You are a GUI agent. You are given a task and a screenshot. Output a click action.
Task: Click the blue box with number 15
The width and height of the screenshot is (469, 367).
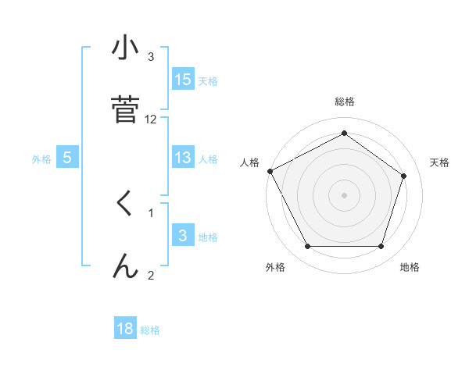(183, 80)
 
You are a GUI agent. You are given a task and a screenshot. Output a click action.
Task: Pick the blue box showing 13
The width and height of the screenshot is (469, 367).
(183, 158)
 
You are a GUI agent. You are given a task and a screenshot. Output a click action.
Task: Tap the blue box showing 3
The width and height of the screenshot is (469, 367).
(183, 236)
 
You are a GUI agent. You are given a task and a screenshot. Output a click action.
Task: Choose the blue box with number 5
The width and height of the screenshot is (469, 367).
(67, 158)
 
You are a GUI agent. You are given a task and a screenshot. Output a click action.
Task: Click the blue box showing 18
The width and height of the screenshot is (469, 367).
(125, 329)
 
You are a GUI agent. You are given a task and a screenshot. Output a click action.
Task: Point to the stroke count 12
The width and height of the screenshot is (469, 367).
(151, 119)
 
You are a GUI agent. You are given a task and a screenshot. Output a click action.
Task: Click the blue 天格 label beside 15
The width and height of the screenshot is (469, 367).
(208, 80)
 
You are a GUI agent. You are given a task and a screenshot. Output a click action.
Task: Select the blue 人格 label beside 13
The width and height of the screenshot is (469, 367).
(208, 159)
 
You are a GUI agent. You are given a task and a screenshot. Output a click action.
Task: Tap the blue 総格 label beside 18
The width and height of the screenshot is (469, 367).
(150, 330)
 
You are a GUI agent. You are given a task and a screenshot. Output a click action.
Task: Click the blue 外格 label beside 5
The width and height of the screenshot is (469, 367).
(41, 159)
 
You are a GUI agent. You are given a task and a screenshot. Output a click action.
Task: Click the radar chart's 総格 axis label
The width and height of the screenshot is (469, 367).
(344, 102)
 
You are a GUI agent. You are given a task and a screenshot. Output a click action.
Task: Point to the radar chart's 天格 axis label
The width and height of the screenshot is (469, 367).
(440, 162)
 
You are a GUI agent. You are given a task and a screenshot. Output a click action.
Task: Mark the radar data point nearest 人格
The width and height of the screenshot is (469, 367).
(270, 171)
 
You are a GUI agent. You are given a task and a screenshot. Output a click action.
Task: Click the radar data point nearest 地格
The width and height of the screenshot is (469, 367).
(381, 247)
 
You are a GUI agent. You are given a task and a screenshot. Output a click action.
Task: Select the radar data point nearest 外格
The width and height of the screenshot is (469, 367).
(307, 247)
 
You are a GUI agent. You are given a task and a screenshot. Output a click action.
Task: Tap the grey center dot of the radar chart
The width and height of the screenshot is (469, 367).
(344, 195)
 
